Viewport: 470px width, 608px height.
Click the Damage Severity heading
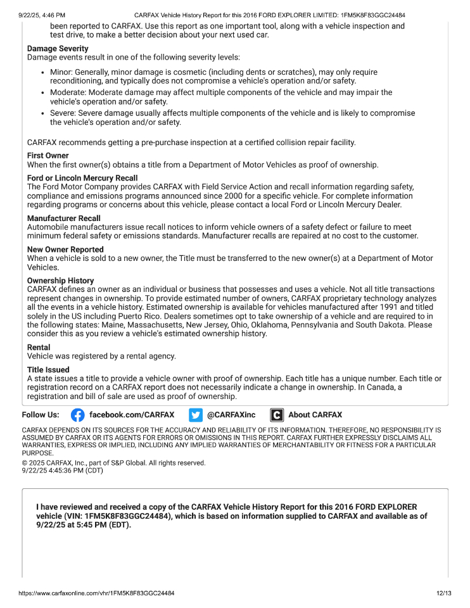[58, 49]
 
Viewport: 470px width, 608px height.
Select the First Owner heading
[48, 156]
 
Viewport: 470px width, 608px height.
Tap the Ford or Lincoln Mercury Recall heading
[82, 178]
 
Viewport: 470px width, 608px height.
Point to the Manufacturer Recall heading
[64, 218]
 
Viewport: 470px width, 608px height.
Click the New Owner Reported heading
[65, 250]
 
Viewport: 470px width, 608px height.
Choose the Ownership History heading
[60, 281]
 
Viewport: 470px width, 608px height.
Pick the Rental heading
[39, 347]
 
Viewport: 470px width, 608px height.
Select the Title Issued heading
[48, 370]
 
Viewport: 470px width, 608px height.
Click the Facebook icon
[77, 415]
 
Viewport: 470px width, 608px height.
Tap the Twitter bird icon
[196, 415]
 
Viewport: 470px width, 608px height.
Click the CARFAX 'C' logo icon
[277, 415]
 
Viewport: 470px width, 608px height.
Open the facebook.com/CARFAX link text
[132, 415]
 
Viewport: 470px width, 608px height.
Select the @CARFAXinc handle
[231, 415]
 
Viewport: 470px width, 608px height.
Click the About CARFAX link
[315, 415]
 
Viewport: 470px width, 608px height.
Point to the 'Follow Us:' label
[41, 415]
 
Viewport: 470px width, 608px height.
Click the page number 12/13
[443, 593]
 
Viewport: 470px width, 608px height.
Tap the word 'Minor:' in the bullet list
[63, 72]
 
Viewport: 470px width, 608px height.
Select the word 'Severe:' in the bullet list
[65, 113]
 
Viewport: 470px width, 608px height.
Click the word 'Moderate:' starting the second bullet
[70, 92]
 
